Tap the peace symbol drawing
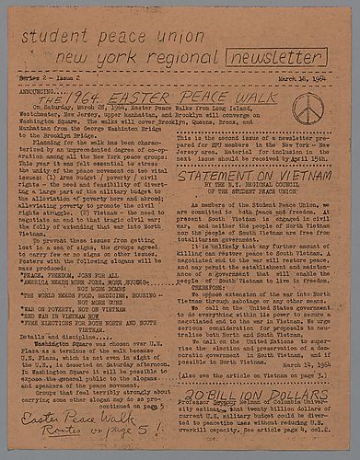coord(306,109)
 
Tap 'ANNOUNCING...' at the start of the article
coord(42,93)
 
